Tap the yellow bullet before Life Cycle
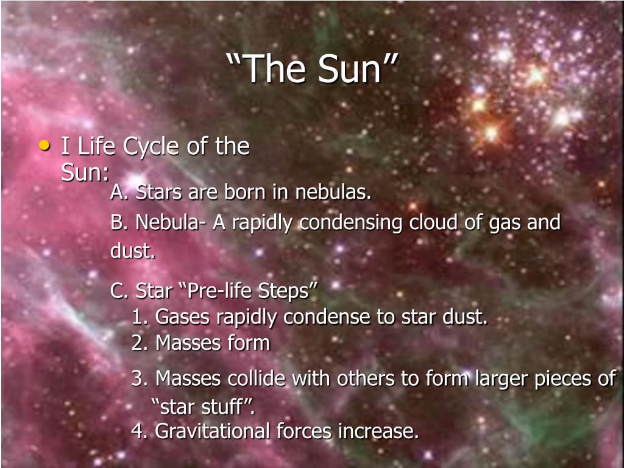tap(45, 145)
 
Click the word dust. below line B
tap(132, 250)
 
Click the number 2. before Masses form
tap(140, 343)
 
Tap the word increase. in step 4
tap(378, 431)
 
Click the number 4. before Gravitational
tap(140, 431)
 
